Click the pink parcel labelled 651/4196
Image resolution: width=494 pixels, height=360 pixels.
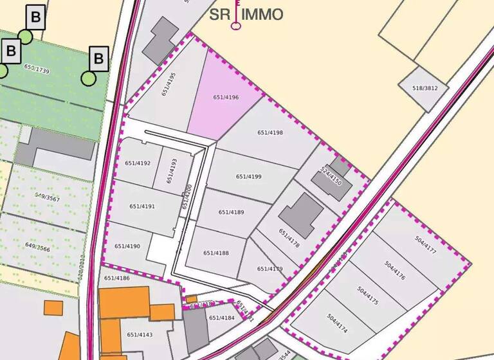click(x=226, y=98)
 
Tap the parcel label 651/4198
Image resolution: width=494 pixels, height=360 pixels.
click(x=270, y=132)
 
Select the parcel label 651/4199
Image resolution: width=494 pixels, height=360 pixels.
click(x=248, y=176)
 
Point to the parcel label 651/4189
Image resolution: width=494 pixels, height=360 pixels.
click(x=231, y=212)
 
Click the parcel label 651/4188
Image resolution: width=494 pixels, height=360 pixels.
click(x=216, y=253)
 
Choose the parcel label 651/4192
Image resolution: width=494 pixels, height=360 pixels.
click(x=138, y=163)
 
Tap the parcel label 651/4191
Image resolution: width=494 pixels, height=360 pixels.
click(x=142, y=206)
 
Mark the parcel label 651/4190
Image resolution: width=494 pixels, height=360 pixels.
click(x=127, y=246)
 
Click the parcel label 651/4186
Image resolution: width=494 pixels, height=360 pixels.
click(x=116, y=278)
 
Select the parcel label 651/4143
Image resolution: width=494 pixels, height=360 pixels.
click(x=140, y=334)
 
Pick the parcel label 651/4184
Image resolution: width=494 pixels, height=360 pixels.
click(x=222, y=318)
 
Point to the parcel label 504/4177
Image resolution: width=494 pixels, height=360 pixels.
click(x=426, y=246)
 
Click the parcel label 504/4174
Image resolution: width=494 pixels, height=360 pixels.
click(x=338, y=323)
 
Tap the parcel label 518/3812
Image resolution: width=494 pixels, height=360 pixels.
click(x=425, y=88)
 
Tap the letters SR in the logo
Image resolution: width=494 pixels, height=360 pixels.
click(x=220, y=14)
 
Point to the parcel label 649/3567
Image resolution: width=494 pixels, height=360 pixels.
click(x=47, y=199)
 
